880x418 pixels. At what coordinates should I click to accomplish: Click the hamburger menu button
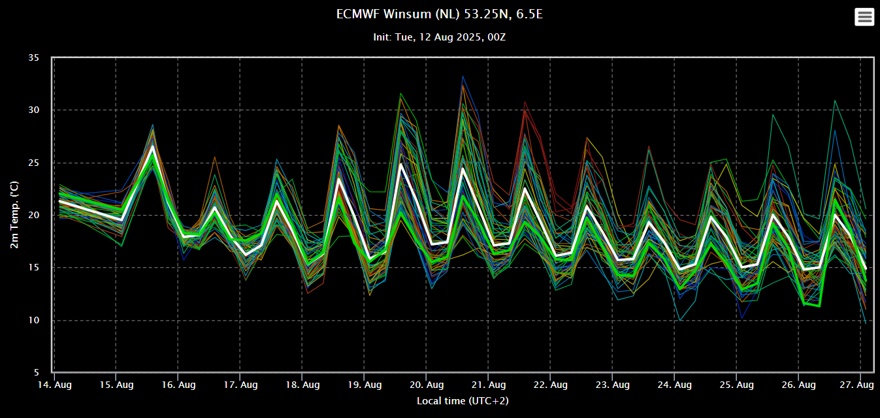[864, 17]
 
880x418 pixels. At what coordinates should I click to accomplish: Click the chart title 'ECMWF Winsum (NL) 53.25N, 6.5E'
[439, 14]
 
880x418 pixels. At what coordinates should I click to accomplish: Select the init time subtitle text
[439, 37]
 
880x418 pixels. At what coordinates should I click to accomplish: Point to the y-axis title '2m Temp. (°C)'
[14, 215]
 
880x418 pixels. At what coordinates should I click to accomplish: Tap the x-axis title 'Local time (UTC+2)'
[463, 400]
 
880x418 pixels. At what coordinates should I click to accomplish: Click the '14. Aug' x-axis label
[54, 385]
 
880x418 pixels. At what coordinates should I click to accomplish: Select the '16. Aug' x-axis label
[178, 385]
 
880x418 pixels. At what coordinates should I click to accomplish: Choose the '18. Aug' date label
[302, 385]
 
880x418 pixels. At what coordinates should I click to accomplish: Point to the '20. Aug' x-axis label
[426, 385]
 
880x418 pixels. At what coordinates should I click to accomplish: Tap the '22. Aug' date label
[550, 385]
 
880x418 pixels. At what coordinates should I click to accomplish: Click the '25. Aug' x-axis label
[736, 385]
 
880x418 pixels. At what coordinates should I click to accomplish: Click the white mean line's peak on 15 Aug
[153, 146]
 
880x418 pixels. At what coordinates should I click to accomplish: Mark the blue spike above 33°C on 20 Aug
[463, 76]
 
